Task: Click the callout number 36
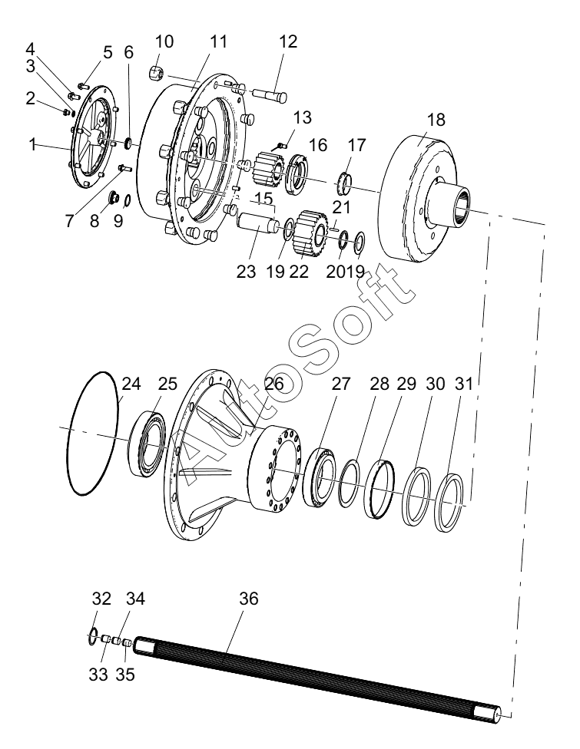click(248, 598)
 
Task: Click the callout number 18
click(436, 120)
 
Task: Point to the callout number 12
click(287, 41)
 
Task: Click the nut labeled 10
click(157, 73)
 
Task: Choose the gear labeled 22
click(311, 233)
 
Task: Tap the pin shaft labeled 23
click(257, 223)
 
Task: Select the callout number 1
click(32, 144)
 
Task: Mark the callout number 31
click(463, 384)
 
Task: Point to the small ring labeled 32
click(93, 638)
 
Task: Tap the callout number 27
click(341, 384)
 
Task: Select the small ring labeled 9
click(128, 201)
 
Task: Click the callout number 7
click(70, 220)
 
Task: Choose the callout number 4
click(30, 48)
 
